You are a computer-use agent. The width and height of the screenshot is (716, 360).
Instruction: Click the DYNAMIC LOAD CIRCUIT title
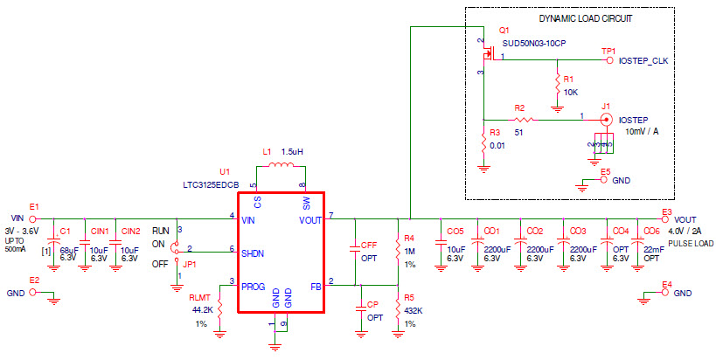pyautogui.click(x=585, y=17)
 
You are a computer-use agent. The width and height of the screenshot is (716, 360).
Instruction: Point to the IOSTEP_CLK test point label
pyautogui.click(x=643, y=61)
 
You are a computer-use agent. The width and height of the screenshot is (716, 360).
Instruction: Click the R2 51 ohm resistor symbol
pyautogui.click(x=522, y=119)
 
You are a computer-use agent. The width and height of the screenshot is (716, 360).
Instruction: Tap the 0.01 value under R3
pyautogui.click(x=497, y=144)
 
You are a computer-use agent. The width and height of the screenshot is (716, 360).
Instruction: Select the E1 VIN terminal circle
pyautogui.click(x=34, y=218)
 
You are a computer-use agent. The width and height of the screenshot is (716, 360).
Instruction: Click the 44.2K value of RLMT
pyautogui.click(x=201, y=310)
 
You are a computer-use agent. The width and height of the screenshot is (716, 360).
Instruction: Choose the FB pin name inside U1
pyautogui.click(x=315, y=285)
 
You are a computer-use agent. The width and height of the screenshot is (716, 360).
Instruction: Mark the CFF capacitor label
pyautogui.click(x=369, y=246)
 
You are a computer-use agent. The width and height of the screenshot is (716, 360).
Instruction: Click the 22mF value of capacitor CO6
pyautogui.click(x=653, y=250)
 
